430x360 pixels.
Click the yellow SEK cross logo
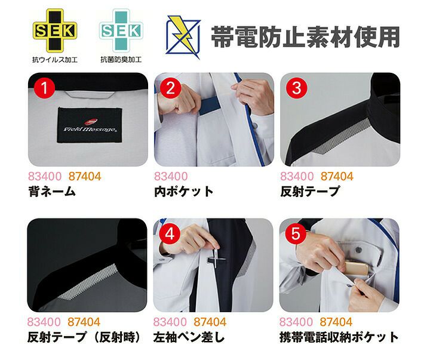coord(55,30)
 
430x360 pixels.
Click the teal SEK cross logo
coord(121,30)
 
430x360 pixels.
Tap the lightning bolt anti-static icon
coord(183,37)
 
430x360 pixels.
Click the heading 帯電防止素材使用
coord(305,37)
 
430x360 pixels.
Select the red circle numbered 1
coord(44,88)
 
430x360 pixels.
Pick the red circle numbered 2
coord(170,88)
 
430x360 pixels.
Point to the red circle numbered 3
coord(296,88)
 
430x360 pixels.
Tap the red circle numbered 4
coord(170,234)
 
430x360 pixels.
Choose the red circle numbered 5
coord(296,234)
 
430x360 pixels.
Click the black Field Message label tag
coord(90,125)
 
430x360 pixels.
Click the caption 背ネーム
coord(52,192)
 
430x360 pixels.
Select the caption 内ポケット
coord(184,192)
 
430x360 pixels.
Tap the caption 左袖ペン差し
coord(189,337)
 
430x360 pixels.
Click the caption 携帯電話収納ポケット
coord(339,337)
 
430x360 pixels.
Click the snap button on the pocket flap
coord(358,250)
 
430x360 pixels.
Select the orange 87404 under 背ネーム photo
coord(85,177)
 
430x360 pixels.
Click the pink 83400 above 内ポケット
coord(171,177)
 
